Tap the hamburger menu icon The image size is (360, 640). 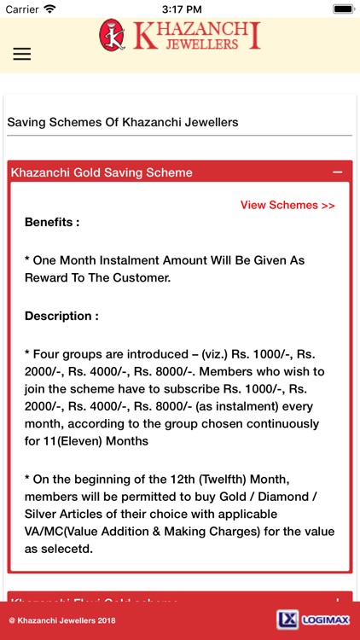click(x=22, y=53)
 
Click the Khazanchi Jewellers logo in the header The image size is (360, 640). click(x=179, y=35)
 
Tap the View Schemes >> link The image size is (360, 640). click(x=287, y=205)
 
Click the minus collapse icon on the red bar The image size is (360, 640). click(x=338, y=172)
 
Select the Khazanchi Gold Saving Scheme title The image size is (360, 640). click(x=102, y=172)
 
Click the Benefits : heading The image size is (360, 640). click(x=52, y=222)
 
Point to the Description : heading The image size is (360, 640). click(x=61, y=316)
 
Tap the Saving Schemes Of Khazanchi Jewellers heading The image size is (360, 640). click(x=122, y=122)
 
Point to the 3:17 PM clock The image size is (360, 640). click(x=180, y=9)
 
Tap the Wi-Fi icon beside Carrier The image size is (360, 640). click(x=49, y=9)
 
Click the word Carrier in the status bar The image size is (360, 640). click(x=22, y=9)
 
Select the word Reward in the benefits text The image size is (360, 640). click(x=46, y=277)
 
